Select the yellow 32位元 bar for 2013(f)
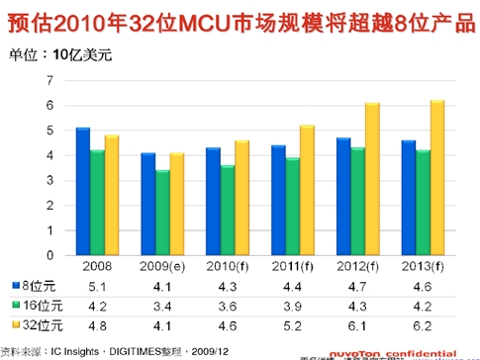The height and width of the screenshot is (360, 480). [x=437, y=178]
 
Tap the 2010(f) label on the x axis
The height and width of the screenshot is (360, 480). [x=227, y=267]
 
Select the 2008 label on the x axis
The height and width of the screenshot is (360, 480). [x=97, y=267]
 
